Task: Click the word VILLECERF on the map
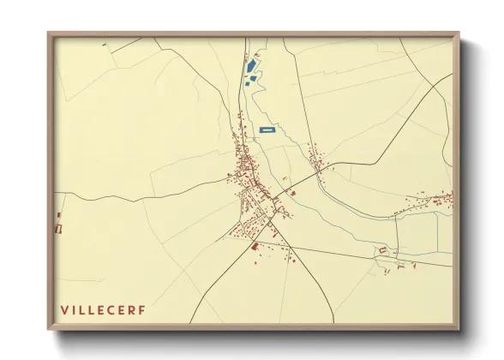pos(103,309)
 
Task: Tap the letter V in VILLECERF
pos(64,309)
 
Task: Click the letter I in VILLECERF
pos(74,309)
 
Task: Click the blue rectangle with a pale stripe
pos(267,129)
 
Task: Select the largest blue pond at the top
pos(251,65)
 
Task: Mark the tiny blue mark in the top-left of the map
pos(104,44)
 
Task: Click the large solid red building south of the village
pos(254,247)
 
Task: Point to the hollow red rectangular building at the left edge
pos(59,227)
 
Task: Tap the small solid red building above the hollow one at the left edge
pos(59,215)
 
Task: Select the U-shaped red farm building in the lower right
pos(383,250)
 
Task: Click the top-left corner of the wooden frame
pos(49,34)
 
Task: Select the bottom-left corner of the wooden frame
pos(49,329)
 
